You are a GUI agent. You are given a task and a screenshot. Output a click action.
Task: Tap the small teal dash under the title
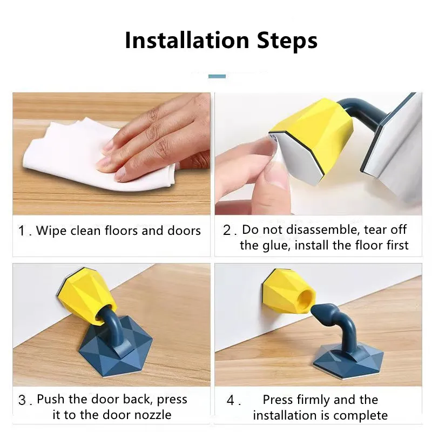click(217, 76)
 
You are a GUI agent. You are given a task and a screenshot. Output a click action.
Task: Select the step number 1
click(22, 232)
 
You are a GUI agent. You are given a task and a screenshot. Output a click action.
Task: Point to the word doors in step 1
click(184, 231)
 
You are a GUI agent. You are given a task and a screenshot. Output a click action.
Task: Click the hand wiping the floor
click(157, 135)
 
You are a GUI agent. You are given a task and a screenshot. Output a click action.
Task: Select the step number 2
click(227, 230)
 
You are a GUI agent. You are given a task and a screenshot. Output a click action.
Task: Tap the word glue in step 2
click(275, 246)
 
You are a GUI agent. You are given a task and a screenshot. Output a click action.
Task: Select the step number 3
click(22, 400)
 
